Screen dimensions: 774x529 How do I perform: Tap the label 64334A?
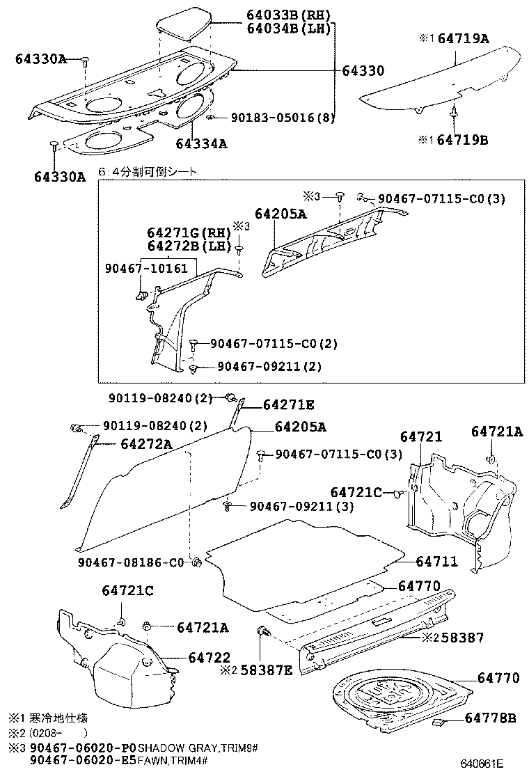coord(202,143)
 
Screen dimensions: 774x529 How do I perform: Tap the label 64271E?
coord(288,404)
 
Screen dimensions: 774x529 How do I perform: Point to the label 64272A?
coord(145,443)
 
